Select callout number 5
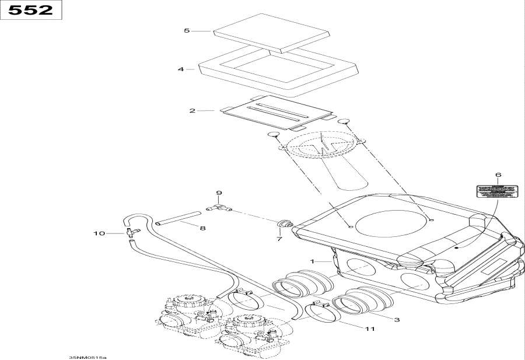click(x=187, y=30)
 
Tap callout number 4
click(x=181, y=69)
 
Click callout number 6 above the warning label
click(x=498, y=175)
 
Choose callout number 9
click(x=219, y=193)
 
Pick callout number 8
click(x=202, y=228)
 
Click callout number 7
click(x=279, y=239)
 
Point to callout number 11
click(x=369, y=329)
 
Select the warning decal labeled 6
click(x=497, y=191)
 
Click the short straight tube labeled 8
click(x=175, y=222)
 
